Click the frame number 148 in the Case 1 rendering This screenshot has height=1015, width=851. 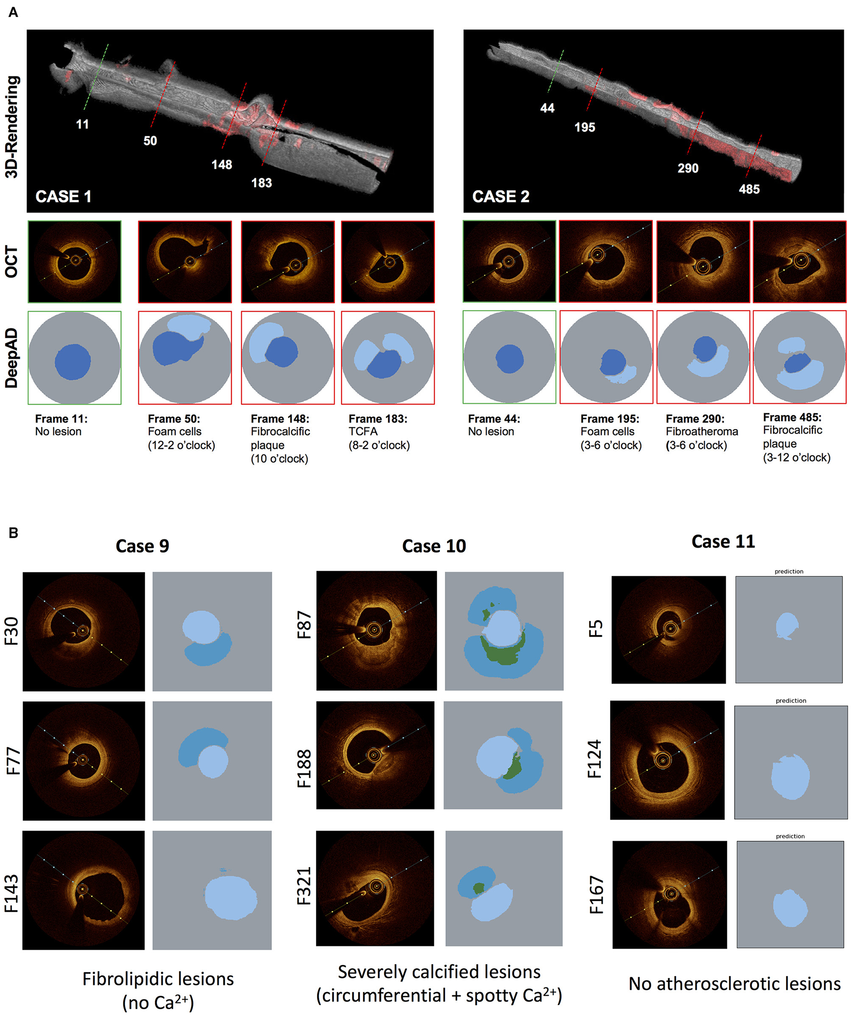[221, 165]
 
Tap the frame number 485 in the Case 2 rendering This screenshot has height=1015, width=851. [749, 190]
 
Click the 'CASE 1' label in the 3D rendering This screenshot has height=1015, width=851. [63, 197]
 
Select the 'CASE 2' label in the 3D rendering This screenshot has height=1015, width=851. [500, 197]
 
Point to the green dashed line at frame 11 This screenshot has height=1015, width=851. [95, 77]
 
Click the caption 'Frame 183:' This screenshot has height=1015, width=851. [377, 419]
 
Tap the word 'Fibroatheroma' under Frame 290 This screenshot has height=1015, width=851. [702, 432]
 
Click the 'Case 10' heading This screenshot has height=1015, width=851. [434, 546]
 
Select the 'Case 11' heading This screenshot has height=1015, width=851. [723, 542]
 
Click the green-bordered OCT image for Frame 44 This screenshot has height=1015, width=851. [509, 262]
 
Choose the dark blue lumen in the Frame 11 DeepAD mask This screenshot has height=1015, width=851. [73, 362]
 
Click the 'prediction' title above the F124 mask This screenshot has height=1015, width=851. [790, 701]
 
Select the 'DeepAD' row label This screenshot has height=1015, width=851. [12, 358]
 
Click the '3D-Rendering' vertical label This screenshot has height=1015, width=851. [12, 127]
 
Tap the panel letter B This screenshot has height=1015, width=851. [13, 533]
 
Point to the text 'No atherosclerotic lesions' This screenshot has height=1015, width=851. [734, 984]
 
